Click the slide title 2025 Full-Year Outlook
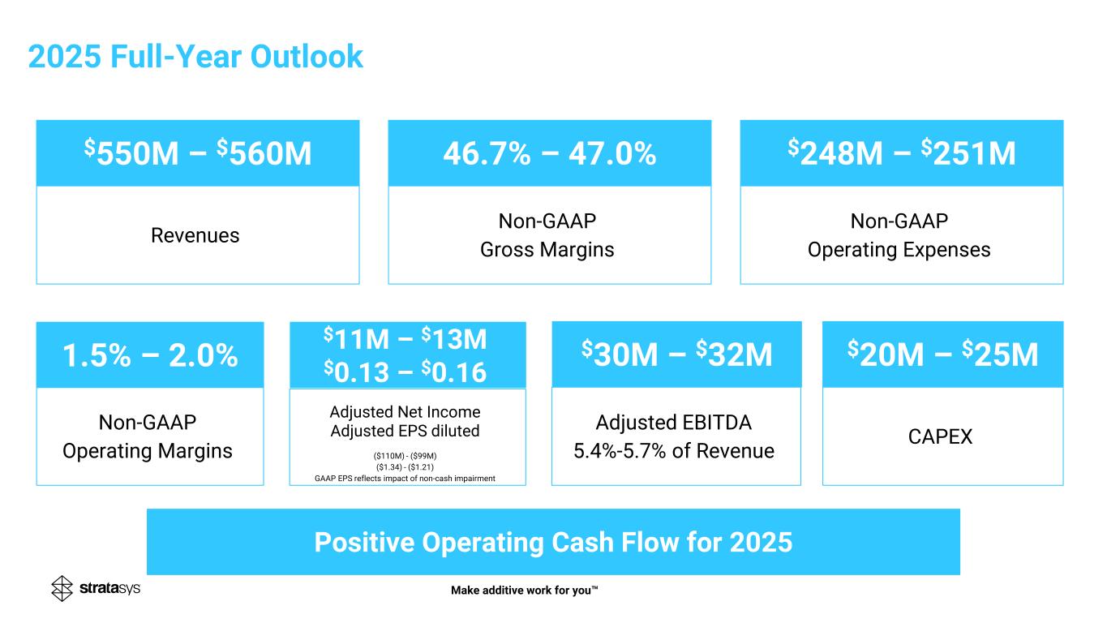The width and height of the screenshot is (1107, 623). [x=195, y=56]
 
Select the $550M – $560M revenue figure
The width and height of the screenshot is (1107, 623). [x=198, y=153]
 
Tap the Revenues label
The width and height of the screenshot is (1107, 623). [x=195, y=235]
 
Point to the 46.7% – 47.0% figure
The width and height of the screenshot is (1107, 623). [x=549, y=153]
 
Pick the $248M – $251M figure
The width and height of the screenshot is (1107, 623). [x=901, y=153]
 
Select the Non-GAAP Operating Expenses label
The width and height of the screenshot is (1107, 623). [x=899, y=235]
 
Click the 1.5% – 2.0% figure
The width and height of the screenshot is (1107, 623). [x=150, y=355]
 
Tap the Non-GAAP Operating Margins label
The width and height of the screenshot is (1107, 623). [x=148, y=436]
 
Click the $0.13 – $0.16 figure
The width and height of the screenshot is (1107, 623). [x=405, y=372]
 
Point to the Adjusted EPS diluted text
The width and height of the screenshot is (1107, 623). [x=405, y=431]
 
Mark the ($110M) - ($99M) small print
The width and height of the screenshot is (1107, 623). [x=405, y=455]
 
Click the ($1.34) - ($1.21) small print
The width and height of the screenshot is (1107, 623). [x=405, y=466]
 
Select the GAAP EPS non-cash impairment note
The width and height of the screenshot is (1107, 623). [x=405, y=479]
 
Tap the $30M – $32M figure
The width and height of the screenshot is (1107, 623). [x=676, y=354]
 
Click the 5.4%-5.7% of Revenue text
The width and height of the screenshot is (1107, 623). [x=674, y=450]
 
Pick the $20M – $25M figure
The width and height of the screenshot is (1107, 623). [x=942, y=354]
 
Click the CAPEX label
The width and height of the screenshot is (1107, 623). [x=942, y=436]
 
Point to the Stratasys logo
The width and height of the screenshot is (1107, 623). [x=96, y=588]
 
